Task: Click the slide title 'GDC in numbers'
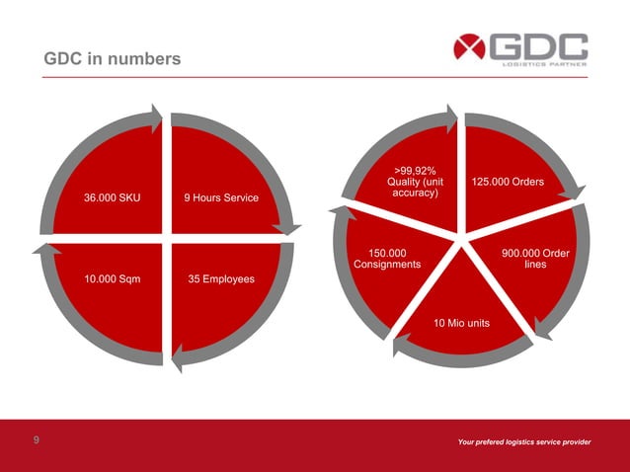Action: click(x=113, y=60)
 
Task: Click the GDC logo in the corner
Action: click(x=520, y=48)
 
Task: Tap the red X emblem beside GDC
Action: click(x=471, y=47)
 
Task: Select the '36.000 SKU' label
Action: click(x=112, y=197)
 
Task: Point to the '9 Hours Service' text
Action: click(x=221, y=197)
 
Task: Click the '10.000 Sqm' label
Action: click(x=112, y=278)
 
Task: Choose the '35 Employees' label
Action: click(x=221, y=278)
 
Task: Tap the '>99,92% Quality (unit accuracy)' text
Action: click(x=415, y=182)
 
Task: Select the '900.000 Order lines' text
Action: click(x=535, y=259)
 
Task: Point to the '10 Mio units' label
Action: click(x=461, y=323)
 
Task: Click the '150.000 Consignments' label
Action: click(x=387, y=259)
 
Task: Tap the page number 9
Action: click(x=37, y=440)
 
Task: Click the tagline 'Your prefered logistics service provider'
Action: click(x=524, y=441)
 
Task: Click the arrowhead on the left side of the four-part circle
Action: click(x=40, y=247)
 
